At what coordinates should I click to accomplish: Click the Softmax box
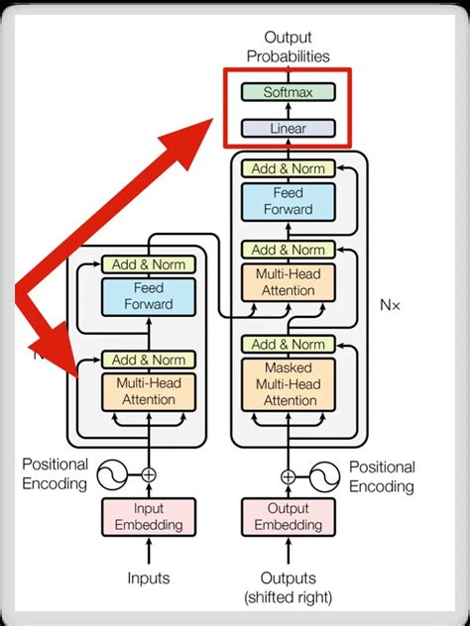pyautogui.click(x=288, y=92)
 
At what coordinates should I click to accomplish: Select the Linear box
pyautogui.click(x=288, y=128)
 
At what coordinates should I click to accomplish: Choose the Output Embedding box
pyautogui.click(x=288, y=517)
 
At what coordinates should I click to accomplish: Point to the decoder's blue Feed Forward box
pyautogui.click(x=288, y=202)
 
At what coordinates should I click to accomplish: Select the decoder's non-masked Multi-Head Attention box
pyautogui.click(x=288, y=283)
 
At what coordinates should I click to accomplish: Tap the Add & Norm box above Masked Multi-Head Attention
pyautogui.click(x=288, y=344)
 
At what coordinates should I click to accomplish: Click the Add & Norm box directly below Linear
pyautogui.click(x=288, y=168)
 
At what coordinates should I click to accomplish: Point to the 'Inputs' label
pyautogui.click(x=148, y=577)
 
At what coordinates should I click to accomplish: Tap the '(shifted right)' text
pyautogui.click(x=288, y=596)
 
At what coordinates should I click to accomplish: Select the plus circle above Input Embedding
pyautogui.click(x=149, y=475)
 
